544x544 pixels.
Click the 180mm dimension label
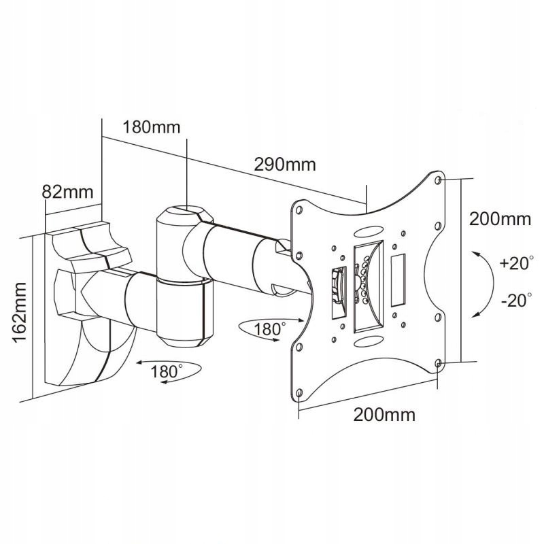[x=152, y=127]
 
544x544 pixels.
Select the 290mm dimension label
[x=285, y=165]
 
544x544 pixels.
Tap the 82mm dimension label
[x=67, y=192]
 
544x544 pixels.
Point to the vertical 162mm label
[x=20, y=313]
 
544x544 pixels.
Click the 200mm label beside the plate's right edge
[x=500, y=219]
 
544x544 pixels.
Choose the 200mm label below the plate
[x=384, y=415]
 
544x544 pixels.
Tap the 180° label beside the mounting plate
[x=269, y=329]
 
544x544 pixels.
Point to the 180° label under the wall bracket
[x=166, y=371]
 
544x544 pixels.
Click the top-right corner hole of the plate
[x=438, y=180]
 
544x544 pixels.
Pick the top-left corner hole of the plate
[x=299, y=210]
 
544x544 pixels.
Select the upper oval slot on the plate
[x=369, y=231]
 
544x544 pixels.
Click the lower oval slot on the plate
[x=369, y=341]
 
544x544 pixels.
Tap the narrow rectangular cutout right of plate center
[x=398, y=280]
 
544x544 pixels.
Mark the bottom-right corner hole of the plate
[x=438, y=363]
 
